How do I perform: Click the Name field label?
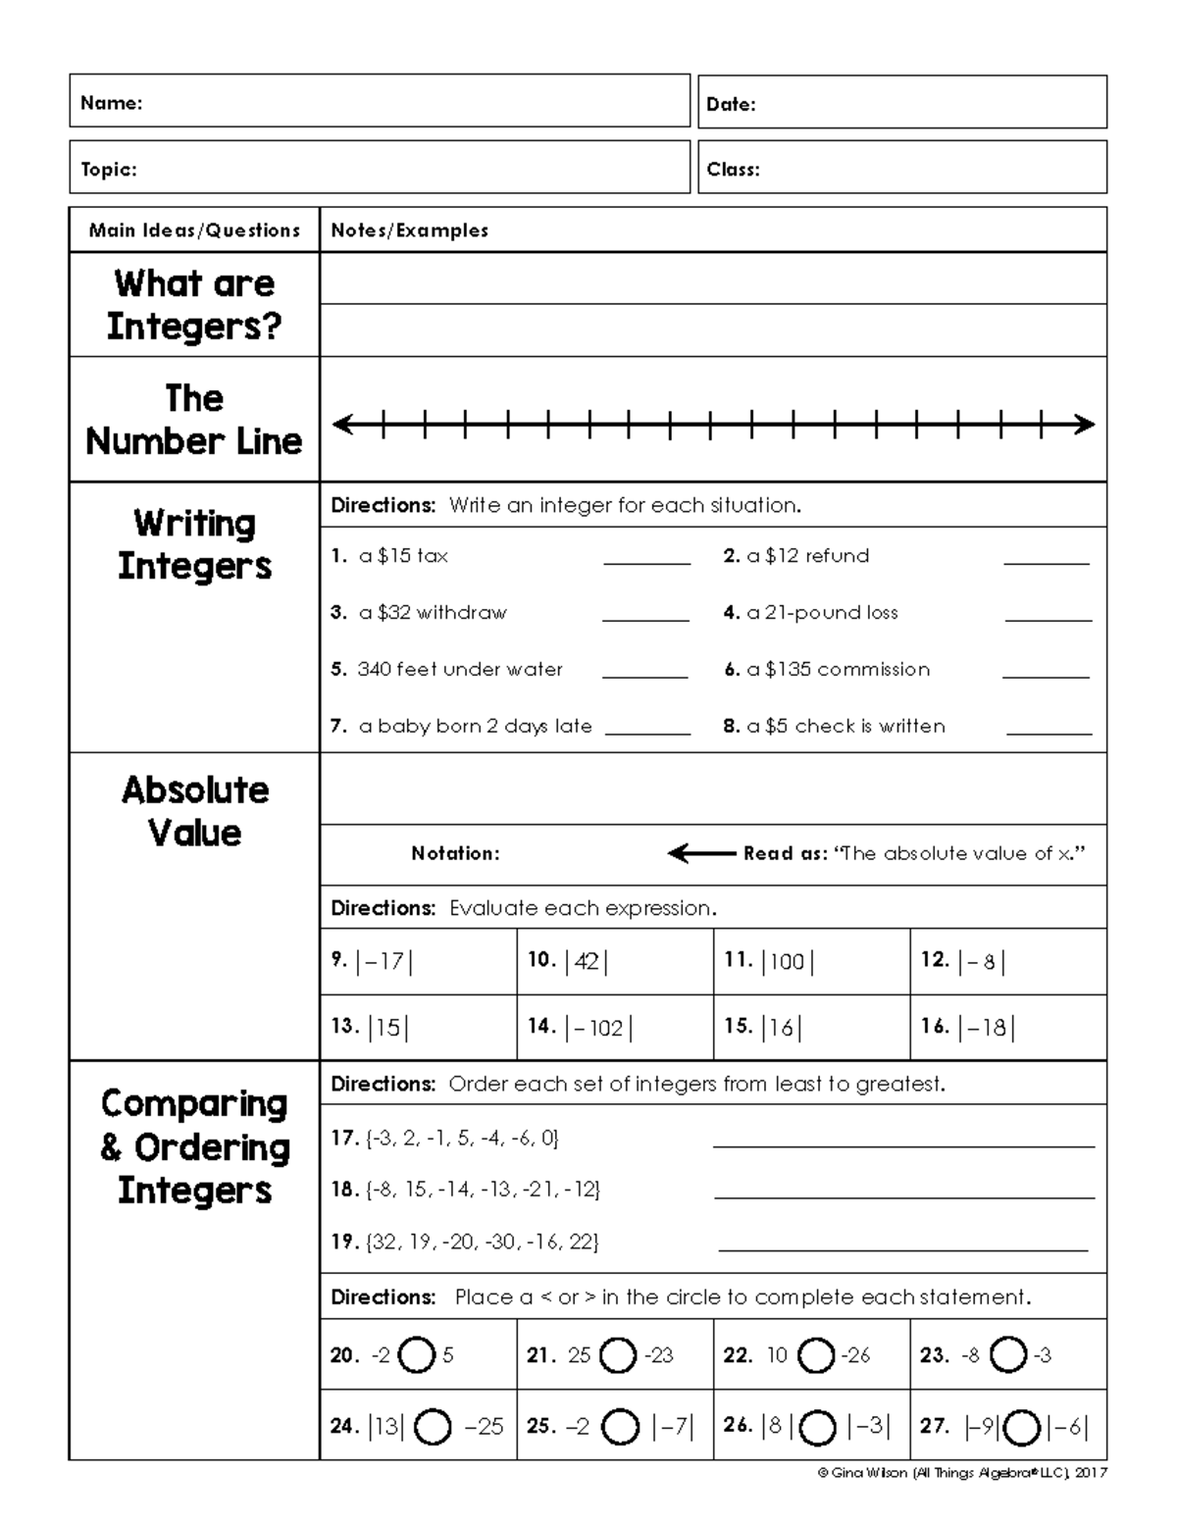(111, 103)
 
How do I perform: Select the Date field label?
(731, 104)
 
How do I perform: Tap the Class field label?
(733, 169)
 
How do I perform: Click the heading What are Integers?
(194, 304)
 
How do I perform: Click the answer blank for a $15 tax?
(646, 562)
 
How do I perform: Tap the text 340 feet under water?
(460, 670)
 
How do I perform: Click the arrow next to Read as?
(700, 853)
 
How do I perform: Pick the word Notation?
(455, 853)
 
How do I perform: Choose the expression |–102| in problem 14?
(598, 1028)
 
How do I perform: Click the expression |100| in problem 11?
(788, 961)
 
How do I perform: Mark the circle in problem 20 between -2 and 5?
(418, 1356)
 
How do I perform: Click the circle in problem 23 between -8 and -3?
(1007, 1355)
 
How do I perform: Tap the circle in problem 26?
(817, 1427)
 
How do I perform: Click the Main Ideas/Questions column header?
(194, 230)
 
